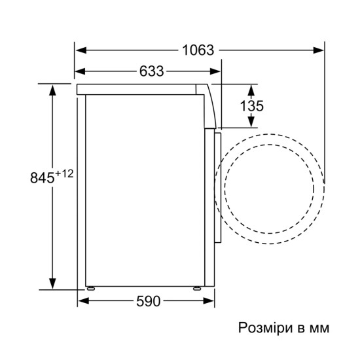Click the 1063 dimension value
[198, 50]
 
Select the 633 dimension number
[152, 71]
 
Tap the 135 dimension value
[251, 106]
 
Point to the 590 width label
[149, 301]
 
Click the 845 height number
[43, 177]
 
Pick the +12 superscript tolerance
[64, 173]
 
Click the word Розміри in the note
[265, 328]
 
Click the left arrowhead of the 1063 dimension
[81, 50]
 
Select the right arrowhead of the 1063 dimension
[318, 50]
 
